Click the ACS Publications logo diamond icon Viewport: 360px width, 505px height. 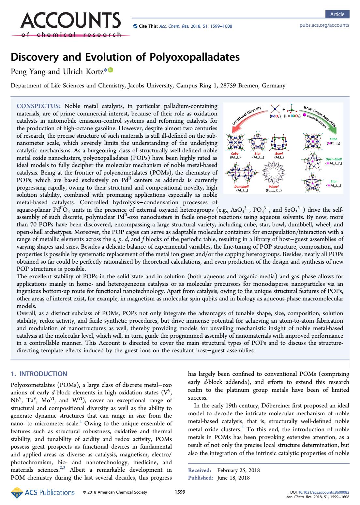click(17, 493)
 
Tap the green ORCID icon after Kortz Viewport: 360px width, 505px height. click(111, 70)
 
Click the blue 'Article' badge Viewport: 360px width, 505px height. click(337, 14)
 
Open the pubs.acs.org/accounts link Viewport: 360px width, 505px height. click(324, 25)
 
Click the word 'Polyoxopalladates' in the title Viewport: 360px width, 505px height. click(195, 57)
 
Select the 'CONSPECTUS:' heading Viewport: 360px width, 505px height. click(38, 106)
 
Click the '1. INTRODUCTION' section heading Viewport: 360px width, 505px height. click(39, 374)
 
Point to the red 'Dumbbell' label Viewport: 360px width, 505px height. click(241, 187)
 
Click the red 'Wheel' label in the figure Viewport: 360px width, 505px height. click(274, 187)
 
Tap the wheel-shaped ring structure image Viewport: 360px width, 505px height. click(274, 173)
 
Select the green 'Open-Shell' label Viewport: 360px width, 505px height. click(334, 159)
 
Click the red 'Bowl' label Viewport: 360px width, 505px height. click(279, 153)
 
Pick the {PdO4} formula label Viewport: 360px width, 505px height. click(275, 116)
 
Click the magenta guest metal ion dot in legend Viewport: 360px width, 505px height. click(305, 115)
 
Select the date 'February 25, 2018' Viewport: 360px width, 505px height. click(238, 470)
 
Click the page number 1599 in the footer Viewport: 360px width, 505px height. click(180, 492)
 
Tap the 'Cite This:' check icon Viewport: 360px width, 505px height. click(135, 26)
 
